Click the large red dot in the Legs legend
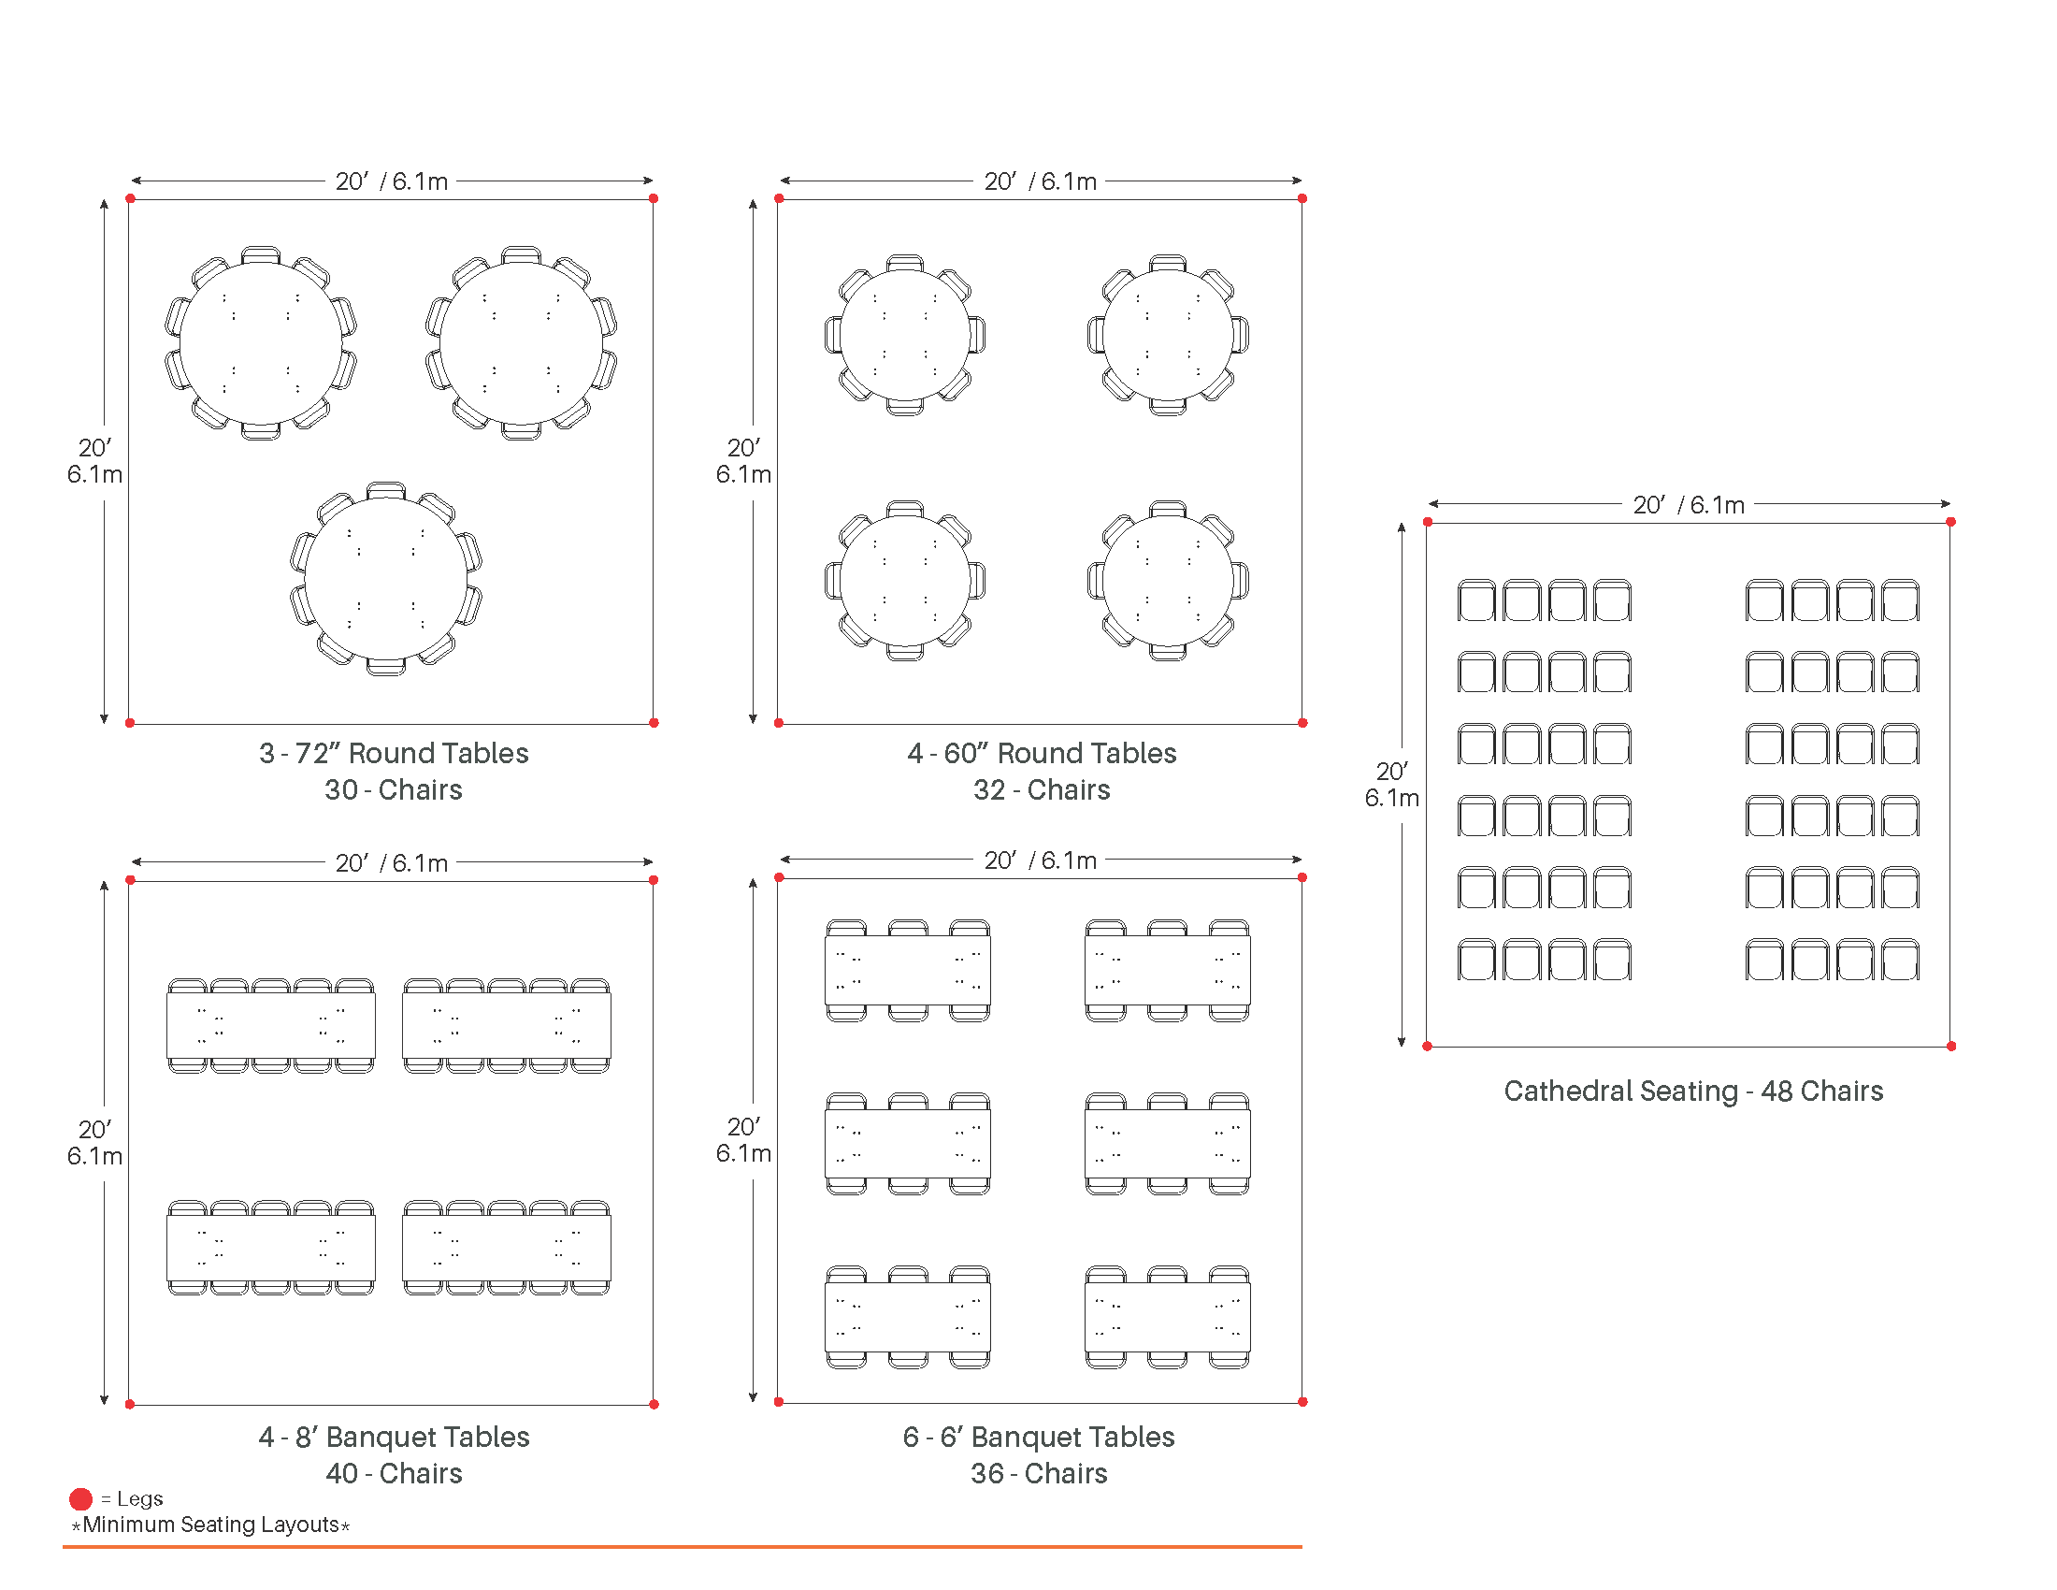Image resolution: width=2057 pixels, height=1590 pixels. [x=81, y=1498]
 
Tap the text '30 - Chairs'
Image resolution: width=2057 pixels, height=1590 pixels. [x=394, y=789]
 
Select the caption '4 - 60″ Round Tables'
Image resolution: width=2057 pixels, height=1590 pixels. [x=1042, y=753]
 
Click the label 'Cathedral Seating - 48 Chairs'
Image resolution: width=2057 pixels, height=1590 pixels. [x=1693, y=1091]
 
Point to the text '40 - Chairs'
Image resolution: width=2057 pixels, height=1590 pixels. [x=394, y=1473]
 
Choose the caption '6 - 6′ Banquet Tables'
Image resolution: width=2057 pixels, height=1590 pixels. [x=1039, y=1437]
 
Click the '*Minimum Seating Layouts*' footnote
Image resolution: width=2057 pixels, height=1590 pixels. [x=211, y=1525]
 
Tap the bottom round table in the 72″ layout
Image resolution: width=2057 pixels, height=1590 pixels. [x=386, y=578]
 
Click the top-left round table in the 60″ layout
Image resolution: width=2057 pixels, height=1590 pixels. [x=905, y=336]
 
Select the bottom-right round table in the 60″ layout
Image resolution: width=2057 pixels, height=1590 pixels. [x=1168, y=580]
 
